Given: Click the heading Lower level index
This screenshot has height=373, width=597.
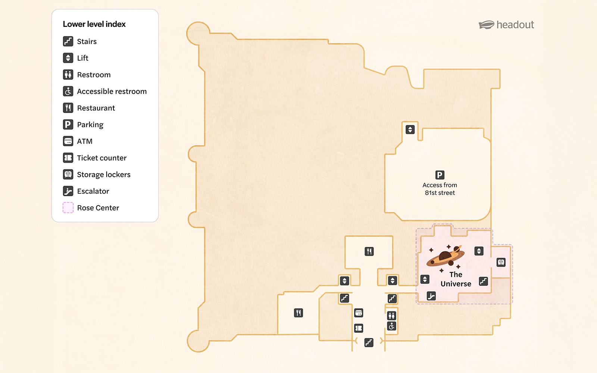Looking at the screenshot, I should click(94, 24).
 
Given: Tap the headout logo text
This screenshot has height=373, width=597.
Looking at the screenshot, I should click(515, 25).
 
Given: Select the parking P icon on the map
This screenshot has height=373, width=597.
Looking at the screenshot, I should click(440, 175).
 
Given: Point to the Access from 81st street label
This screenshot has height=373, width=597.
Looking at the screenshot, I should click(440, 189).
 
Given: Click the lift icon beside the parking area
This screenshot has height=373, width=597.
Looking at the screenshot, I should click(410, 129).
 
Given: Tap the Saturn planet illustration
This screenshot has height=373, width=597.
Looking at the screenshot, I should click(446, 256).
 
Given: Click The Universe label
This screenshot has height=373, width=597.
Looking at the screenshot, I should click(456, 279).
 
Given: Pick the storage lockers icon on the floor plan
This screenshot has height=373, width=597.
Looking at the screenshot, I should click(501, 262).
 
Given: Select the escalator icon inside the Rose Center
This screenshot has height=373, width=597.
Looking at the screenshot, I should click(431, 296).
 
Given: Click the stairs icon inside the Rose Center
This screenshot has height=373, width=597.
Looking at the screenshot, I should click(483, 281).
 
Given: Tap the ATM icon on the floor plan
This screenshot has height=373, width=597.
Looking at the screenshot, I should click(359, 313).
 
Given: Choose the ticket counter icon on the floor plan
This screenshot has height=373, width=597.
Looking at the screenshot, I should click(359, 328).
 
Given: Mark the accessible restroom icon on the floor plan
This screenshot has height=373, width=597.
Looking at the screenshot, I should click(391, 326).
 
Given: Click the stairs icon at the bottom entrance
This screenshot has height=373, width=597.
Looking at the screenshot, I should click(369, 342).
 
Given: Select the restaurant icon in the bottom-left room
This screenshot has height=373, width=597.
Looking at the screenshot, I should click(298, 313).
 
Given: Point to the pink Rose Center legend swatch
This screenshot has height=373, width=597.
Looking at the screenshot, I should click(68, 208).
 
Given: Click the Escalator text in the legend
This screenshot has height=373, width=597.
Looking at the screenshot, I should click(93, 191).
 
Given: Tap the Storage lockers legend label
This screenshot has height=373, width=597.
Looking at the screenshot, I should click(104, 175).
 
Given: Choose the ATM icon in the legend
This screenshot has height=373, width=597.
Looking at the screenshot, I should click(68, 141).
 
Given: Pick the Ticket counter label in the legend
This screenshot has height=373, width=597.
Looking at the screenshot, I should click(101, 158).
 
